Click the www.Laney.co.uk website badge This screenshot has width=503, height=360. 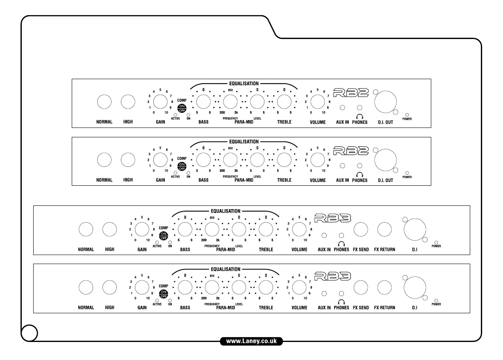tap(251, 341)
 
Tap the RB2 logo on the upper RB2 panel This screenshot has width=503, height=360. tap(351, 93)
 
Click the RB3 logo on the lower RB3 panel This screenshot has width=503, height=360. tap(333, 275)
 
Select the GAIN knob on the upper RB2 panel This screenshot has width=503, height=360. tap(160, 101)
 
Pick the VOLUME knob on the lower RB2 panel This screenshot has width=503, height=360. tap(318, 159)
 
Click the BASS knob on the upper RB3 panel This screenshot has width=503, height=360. tap(185, 228)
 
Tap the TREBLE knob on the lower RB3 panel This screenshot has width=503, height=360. tap(266, 287)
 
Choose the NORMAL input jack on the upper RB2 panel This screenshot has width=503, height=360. tap(104, 102)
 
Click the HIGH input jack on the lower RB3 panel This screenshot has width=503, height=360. tap(109, 287)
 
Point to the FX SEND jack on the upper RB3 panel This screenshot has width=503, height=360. tap(361, 229)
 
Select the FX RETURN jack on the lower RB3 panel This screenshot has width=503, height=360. tap(385, 287)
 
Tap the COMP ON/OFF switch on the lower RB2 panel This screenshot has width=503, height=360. tap(182, 166)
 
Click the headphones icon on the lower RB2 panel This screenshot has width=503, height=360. tap(360, 175)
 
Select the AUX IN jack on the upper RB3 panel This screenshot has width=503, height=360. tap(324, 235)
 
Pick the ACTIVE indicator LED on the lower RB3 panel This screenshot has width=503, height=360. tap(157, 300)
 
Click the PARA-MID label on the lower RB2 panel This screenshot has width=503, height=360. tap(244, 180)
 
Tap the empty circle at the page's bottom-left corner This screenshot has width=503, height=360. tap(30, 333)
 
